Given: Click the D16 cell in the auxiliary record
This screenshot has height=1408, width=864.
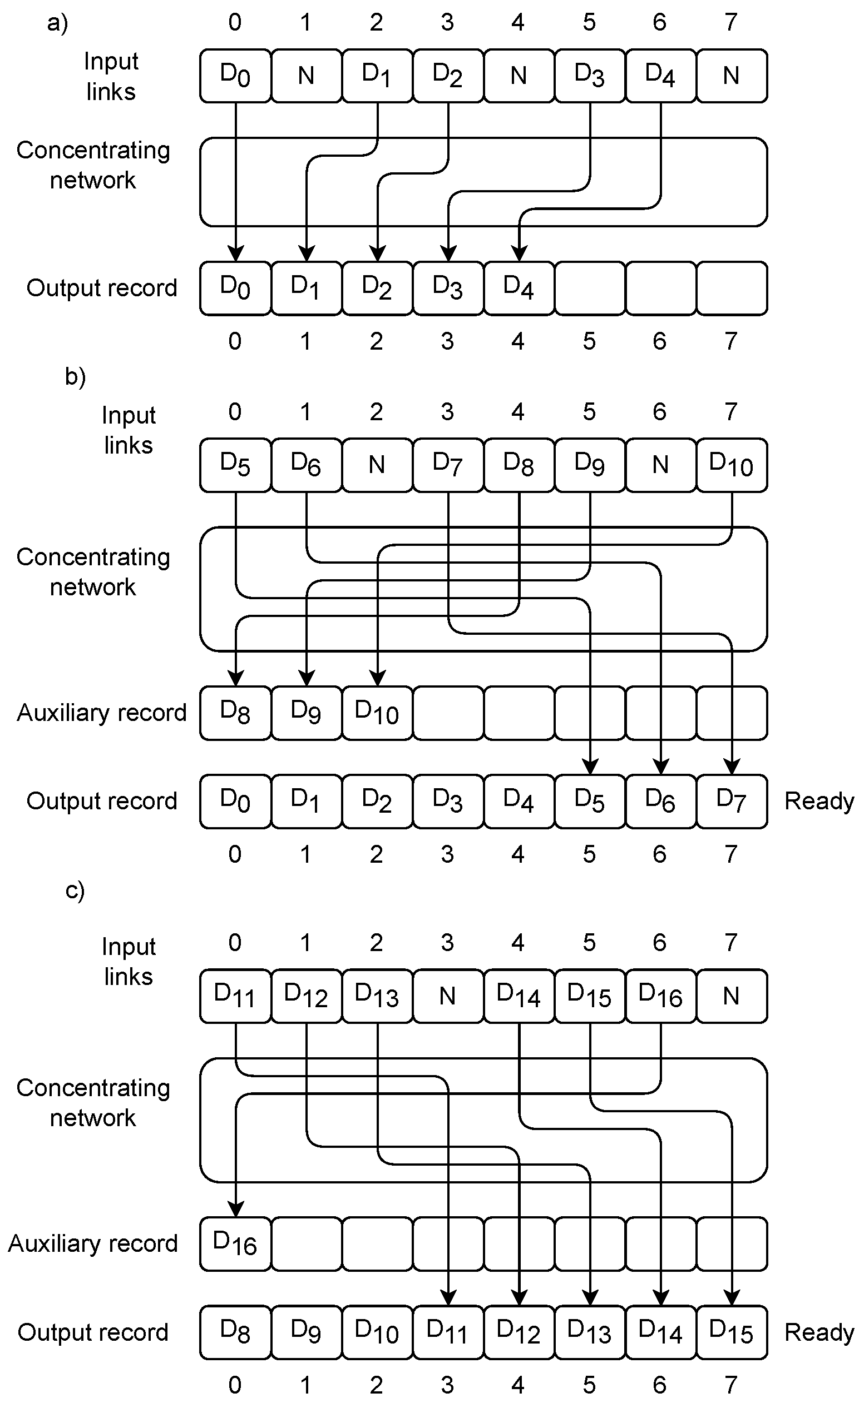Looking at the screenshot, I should click(235, 1244).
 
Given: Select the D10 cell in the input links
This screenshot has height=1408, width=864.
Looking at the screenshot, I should click(732, 465).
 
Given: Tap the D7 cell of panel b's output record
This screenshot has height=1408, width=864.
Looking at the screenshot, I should click(732, 801).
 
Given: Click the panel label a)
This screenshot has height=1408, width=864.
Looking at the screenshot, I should click(58, 23).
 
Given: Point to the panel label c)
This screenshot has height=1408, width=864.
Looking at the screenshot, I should click(75, 890).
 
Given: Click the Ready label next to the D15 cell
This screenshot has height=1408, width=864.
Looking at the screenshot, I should click(819, 1332).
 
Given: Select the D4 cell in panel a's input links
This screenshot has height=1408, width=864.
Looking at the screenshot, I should click(660, 76).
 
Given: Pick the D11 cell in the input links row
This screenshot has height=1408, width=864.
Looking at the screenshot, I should click(235, 996).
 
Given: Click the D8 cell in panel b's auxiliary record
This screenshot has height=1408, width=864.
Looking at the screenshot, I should click(235, 713).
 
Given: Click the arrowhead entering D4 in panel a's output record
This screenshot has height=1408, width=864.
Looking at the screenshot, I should click(519, 252).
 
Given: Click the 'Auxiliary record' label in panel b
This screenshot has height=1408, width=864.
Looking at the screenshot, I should click(102, 713).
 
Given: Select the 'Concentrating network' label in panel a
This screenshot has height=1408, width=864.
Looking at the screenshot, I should click(93, 165).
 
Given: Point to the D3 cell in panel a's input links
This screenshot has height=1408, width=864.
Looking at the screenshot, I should click(590, 76).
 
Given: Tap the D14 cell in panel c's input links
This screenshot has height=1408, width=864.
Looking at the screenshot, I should click(519, 996).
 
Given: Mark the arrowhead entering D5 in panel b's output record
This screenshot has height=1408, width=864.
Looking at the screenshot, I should click(590, 766).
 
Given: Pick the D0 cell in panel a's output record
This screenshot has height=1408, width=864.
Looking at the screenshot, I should click(235, 288).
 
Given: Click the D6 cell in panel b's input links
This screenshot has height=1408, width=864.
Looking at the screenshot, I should click(306, 465).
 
